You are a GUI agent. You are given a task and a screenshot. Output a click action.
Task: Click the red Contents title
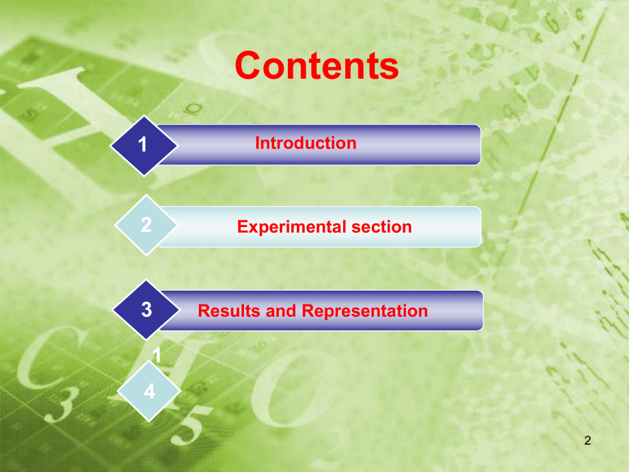(x=317, y=66)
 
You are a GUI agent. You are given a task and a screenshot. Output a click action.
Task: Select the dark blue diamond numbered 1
(x=143, y=145)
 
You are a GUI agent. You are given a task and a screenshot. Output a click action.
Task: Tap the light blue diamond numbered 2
(x=146, y=226)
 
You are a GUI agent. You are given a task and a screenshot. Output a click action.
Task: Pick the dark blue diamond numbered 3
(x=146, y=310)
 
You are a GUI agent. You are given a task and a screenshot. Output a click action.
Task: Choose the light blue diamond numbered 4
(x=149, y=392)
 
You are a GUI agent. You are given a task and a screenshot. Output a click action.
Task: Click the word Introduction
(x=306, y=143)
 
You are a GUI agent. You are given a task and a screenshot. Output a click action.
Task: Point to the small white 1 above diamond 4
(x=157, y=356)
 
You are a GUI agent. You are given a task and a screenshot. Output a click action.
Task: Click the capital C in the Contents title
(x=251, y=66)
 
